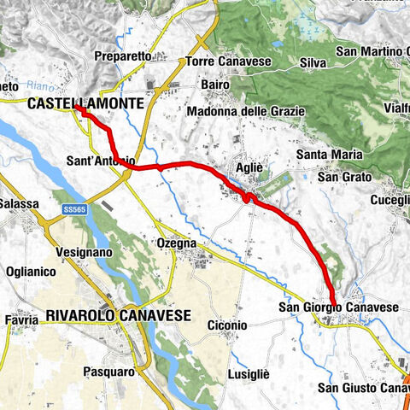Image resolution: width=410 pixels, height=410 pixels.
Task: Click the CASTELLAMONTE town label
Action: (85, 103)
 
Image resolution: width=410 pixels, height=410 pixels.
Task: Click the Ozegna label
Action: (177, 243)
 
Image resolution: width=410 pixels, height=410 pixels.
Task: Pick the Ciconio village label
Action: (227, 325)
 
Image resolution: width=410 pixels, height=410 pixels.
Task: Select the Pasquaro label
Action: (108, 372)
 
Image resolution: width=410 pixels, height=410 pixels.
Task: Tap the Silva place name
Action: (315, 62)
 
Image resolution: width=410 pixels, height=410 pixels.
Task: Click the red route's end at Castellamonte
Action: (77, 108)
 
